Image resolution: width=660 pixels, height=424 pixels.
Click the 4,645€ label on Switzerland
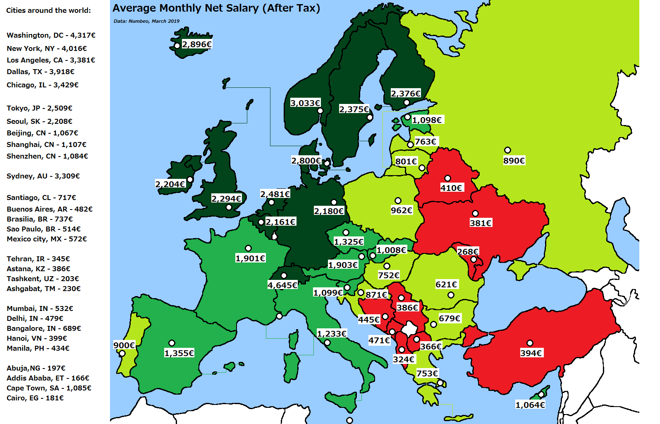click(282, 285)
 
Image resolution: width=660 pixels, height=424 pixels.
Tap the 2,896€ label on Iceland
click(197, 44)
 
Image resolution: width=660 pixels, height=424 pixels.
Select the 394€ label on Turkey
click(531, 353)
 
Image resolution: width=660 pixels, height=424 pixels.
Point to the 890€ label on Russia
click(514, 161)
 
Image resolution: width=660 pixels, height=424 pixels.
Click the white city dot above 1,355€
click(172, 343)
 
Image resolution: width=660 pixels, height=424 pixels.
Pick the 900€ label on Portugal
click(124, 345)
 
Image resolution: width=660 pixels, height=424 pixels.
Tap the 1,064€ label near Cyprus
click(530, 405)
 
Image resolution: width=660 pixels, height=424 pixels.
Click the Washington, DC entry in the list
click(51, 35)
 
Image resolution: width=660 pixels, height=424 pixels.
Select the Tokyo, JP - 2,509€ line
click(39, 108)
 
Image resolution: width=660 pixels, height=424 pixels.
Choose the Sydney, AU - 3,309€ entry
click(43, 176)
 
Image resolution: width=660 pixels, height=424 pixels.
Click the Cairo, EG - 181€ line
click(35, 398)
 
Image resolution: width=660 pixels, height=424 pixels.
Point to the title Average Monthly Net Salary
click(216, 8)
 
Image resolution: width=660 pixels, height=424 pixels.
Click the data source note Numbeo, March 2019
click(146, 21)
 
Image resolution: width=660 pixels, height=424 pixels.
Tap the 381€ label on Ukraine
click(481, 223)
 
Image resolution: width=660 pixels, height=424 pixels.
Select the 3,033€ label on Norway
click(305, 103)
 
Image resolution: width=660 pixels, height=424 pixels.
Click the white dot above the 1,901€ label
click(248, 248)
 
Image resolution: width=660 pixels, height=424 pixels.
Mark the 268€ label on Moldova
click(468, 251)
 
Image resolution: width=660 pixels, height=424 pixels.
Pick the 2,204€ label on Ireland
click(170, 184)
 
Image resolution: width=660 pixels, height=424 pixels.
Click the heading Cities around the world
click(48, 10)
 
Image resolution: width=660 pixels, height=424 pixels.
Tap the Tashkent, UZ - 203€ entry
click(43, 279)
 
